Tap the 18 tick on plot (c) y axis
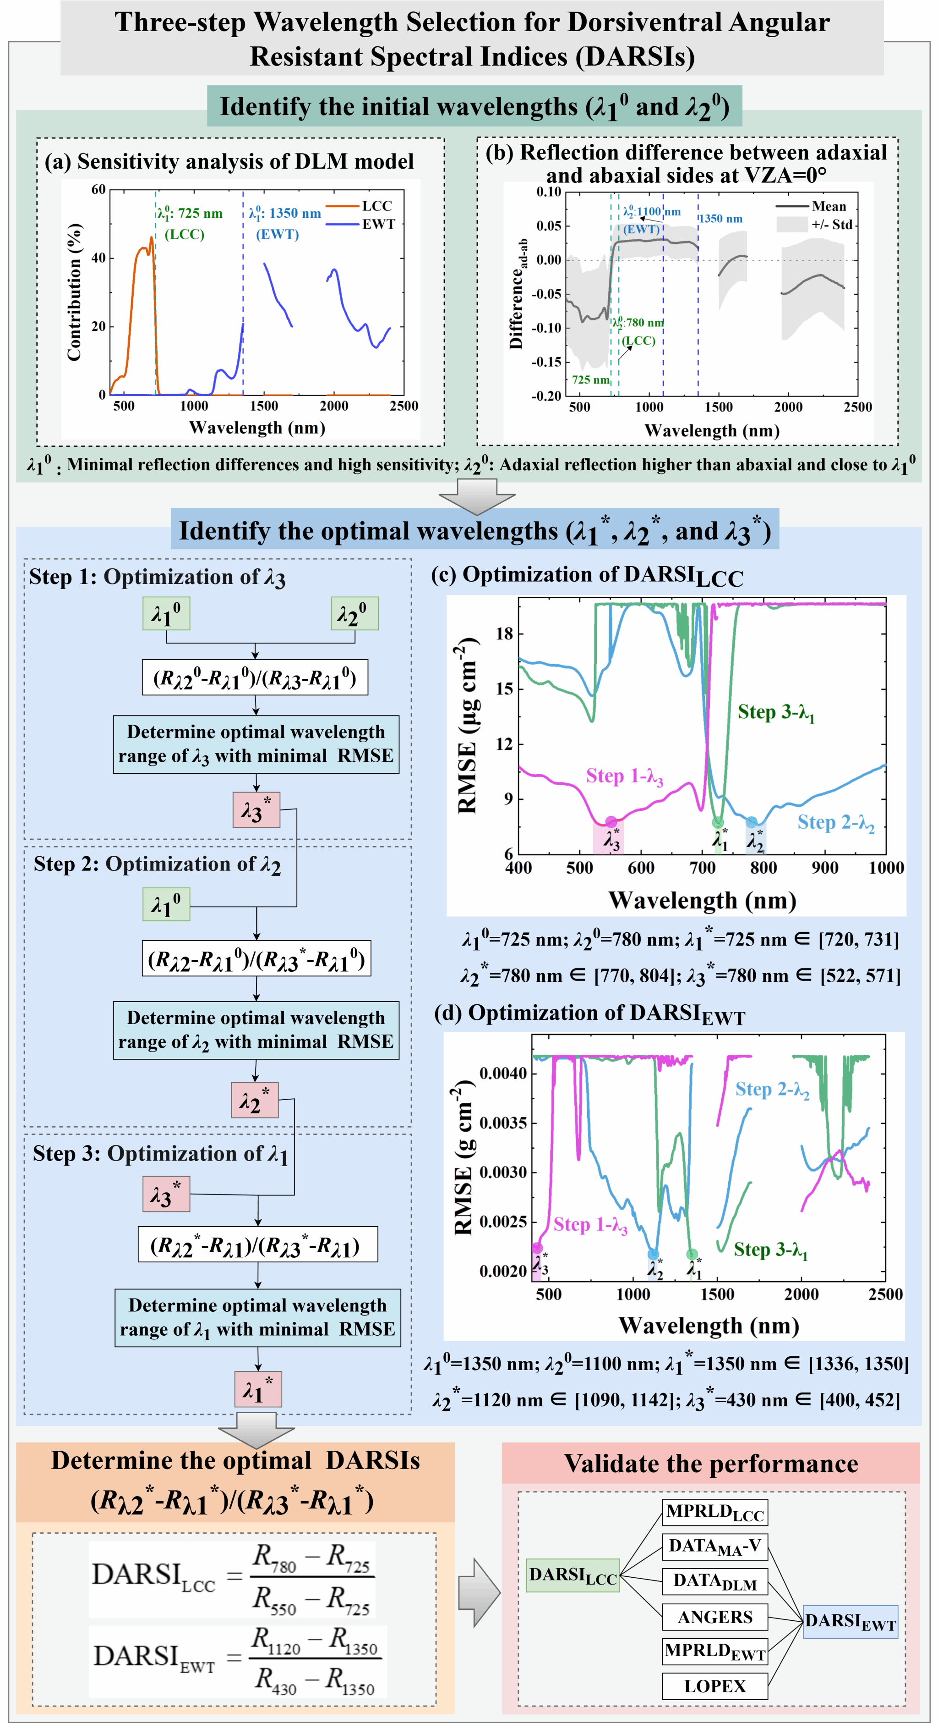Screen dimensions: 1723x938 (x=504, y=633)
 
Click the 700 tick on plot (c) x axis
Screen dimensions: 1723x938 (x=702, y=868)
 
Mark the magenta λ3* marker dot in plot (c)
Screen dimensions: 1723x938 (x=611, y=821)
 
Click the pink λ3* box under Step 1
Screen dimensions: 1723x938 (x=256, y=810)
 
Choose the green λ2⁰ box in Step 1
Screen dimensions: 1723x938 (x=354, y=613)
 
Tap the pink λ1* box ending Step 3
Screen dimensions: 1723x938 (x=257, y=1389)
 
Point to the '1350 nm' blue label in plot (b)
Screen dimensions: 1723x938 (x=720, y=219)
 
